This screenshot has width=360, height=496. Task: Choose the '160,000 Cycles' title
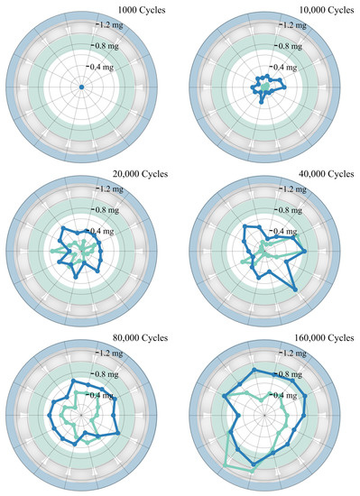pos(322,337)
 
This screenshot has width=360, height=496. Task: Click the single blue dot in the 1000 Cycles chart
pos(81,87)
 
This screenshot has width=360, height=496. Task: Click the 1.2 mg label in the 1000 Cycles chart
pos(105,25)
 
